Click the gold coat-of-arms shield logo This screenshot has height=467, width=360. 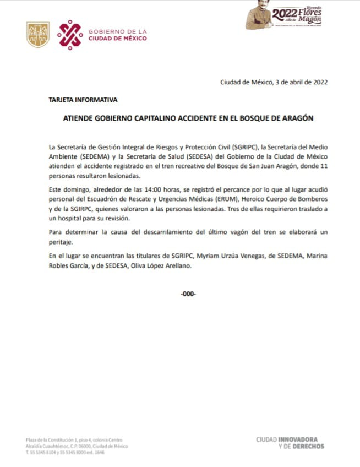point(38,35)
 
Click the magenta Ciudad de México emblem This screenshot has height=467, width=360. point(70,35)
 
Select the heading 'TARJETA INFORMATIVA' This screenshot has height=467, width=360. point(83,100)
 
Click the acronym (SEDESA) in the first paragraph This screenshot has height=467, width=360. point(204,158)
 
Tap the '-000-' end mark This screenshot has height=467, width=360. point(188,294)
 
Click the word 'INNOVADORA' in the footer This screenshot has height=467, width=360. point(303,439)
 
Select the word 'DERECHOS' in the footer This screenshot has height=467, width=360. point(308,446)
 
